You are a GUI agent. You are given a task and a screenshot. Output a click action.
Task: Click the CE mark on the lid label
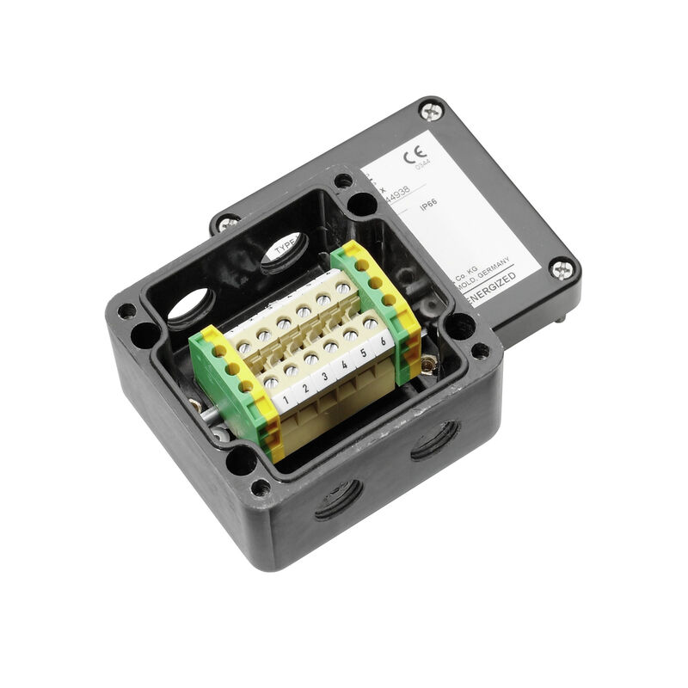[415, 157]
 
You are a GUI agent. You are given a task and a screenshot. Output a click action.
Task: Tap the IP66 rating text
[429, 206]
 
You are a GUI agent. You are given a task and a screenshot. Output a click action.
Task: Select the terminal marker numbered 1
[284, 400]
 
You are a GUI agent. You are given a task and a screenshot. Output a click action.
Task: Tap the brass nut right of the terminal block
[428, 365]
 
